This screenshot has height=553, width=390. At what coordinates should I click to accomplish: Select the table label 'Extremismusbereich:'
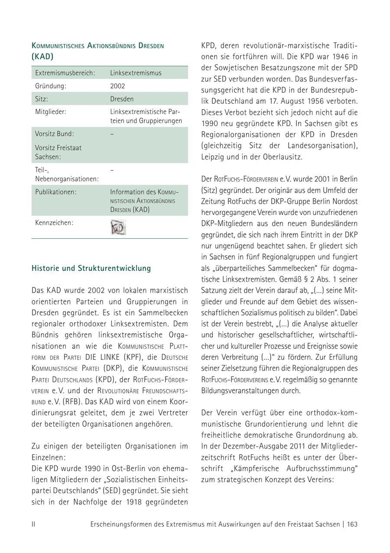(65, 73)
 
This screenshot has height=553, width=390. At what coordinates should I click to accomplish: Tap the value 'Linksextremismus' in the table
(136, 73)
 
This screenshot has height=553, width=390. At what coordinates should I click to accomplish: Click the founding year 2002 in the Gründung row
(117, 86)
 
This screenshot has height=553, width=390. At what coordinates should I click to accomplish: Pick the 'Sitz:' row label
(42, 99)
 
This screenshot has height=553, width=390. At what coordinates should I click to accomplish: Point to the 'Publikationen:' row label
(55, 192)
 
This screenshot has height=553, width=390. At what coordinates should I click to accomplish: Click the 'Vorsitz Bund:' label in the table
(55, 133)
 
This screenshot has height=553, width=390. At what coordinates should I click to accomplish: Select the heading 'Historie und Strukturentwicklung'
(91, 268)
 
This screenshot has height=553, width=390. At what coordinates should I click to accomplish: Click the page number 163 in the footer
(352, 524)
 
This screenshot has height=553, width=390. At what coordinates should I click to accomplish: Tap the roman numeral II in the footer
(33, 524)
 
